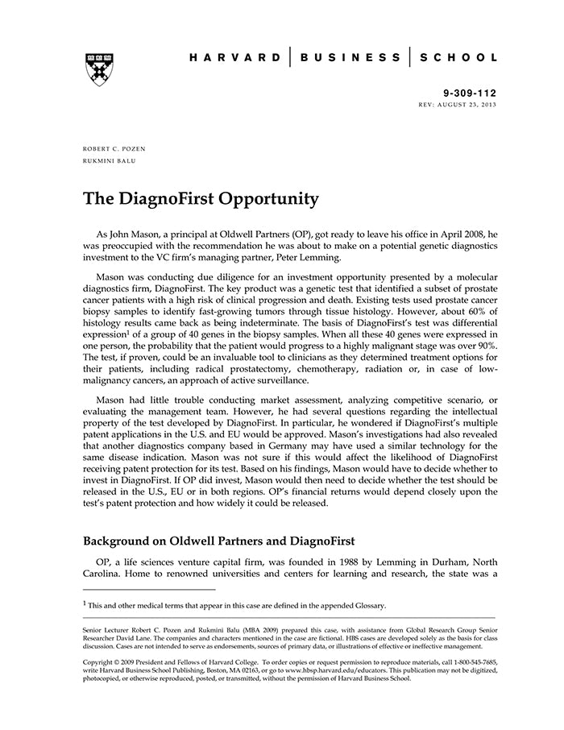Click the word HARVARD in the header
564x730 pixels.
coord(235,58)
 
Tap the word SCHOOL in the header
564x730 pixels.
coord(457,58)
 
